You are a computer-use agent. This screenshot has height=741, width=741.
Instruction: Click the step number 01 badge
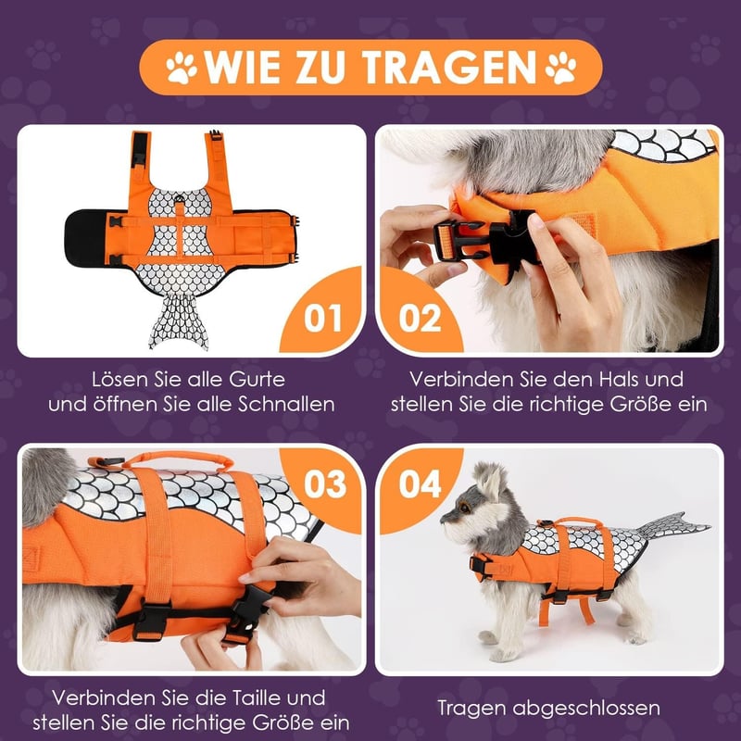322,318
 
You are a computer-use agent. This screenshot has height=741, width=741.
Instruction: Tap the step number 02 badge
420,318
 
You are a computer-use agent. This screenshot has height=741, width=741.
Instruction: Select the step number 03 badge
325,484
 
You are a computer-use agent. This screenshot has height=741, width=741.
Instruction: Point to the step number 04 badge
420,484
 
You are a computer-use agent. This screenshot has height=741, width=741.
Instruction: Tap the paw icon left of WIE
182,68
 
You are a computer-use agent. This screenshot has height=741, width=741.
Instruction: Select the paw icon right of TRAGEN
561,68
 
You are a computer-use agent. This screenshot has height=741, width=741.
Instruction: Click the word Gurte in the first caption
257,380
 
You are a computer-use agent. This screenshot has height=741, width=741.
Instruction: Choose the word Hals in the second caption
614,380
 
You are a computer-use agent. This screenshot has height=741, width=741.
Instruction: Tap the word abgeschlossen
586,709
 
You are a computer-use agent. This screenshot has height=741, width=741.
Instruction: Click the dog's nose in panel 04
444,520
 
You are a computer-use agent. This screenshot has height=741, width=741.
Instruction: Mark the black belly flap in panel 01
86,238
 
